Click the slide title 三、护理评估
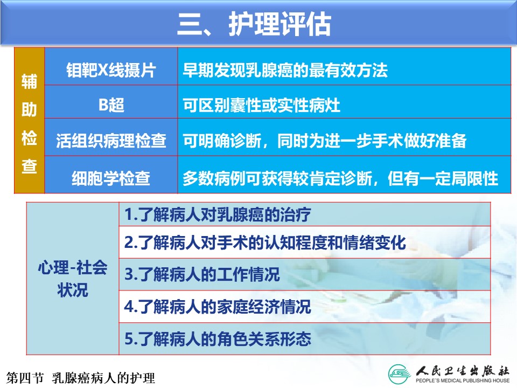pos(254,24)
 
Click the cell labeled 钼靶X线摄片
pos(111,70)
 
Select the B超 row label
pos(111,105)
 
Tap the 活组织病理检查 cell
pos(111,141)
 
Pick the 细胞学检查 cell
pos(111,178)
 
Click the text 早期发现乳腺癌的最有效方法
pos(285,70)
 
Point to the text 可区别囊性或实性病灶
pos(262,106)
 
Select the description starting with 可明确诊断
pos(325,141)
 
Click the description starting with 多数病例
pos(340,178)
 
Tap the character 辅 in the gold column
pos(29,81)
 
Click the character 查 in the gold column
pos(29,165)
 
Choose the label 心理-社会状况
pos(73,279)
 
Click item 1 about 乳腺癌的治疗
pos(218,214)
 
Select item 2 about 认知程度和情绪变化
pos(265,243)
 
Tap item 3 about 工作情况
pos(202,274)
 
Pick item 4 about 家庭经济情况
pos(218,307)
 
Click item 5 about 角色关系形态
pos(218,339)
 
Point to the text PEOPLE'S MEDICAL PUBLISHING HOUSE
pos(463,380)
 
